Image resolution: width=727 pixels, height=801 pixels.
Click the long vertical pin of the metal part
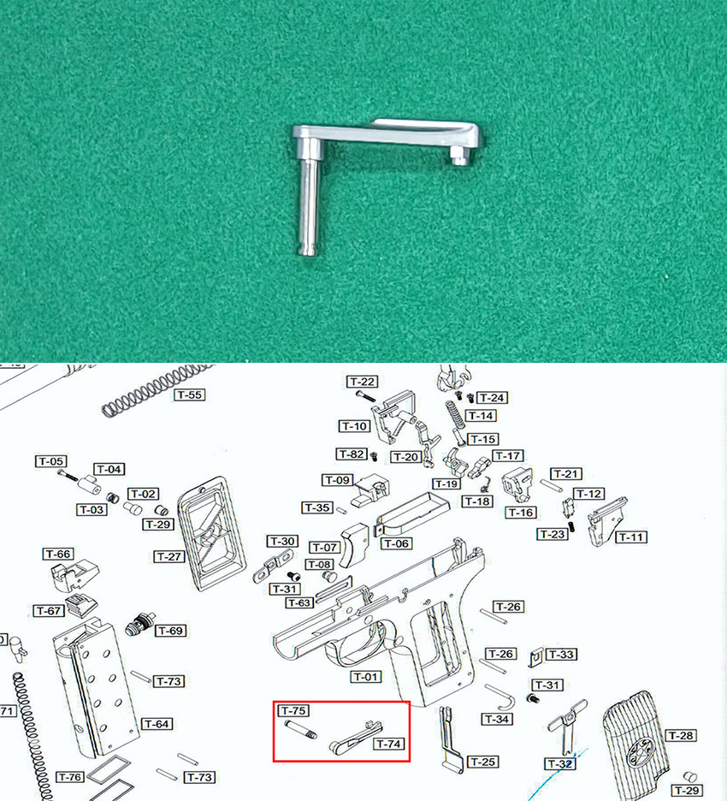pyautogui.click(x=309, y=205)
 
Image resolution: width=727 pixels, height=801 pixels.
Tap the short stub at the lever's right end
pyautogui.click(x=459, y=155)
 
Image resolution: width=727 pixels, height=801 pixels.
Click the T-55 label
pyautogui.click(x=189, y=395)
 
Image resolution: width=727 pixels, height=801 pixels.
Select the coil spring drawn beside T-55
pyautogui.click(x=158, y=389)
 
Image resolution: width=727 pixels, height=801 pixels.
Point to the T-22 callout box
pyautogui.click(x=363, y=382)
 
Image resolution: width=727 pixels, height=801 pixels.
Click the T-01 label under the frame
pyautogui.click(x=366, y=677)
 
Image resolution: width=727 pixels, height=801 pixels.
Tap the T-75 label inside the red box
pyautogui.click(x=293, y=710)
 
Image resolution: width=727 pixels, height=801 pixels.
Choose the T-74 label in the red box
pyautogui.click(x=389, y=744)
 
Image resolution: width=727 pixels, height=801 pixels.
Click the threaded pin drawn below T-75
pyautogui.click(x=301, y=729)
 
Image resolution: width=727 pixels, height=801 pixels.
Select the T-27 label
pyautogui.click(x=169, y=557)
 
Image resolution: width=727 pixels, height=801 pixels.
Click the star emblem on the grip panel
pyautogui.click(x=641, y=752)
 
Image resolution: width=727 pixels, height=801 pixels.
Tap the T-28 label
pyautogui.click(x=682, y=736)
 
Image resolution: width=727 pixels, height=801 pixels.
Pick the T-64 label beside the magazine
pyautogui.click(x=157, y=724)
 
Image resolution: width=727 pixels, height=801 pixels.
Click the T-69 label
pyautogui.click(x=171, y=631)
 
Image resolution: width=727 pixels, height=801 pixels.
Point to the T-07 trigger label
pyautogui.click(x=325, y=548)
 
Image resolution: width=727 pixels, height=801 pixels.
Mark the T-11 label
pyautogui.click(x=631, y=537)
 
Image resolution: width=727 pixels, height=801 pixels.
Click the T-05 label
pyautogui.click(x=51, y=461)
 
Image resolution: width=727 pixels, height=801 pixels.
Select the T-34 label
pyautogui.click(x=497, y=719)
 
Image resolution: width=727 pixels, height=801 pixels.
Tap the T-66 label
pyautogui.click(x=58, y=555)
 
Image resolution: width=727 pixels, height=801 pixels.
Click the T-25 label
pyautogui.click(x=483, y=762)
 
